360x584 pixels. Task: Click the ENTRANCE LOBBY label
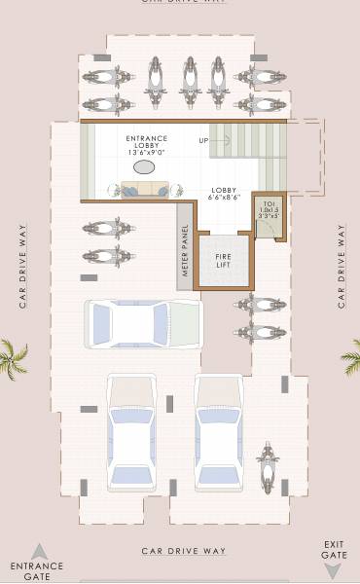pos(146,145)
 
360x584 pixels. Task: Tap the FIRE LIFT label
pos(223,260)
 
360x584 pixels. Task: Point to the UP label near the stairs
pos(203,141)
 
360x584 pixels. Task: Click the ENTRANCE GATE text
pos(37,570)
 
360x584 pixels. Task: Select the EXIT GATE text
pos(334,549)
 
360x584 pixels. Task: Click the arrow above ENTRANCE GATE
pos(38,552)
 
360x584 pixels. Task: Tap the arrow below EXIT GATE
pos(334,570)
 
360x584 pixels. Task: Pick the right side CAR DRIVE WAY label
pos(342,266)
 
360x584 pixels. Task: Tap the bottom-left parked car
pos(130,431)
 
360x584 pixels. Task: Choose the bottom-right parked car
pos(219,431)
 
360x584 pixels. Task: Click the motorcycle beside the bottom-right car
pos(268,467)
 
